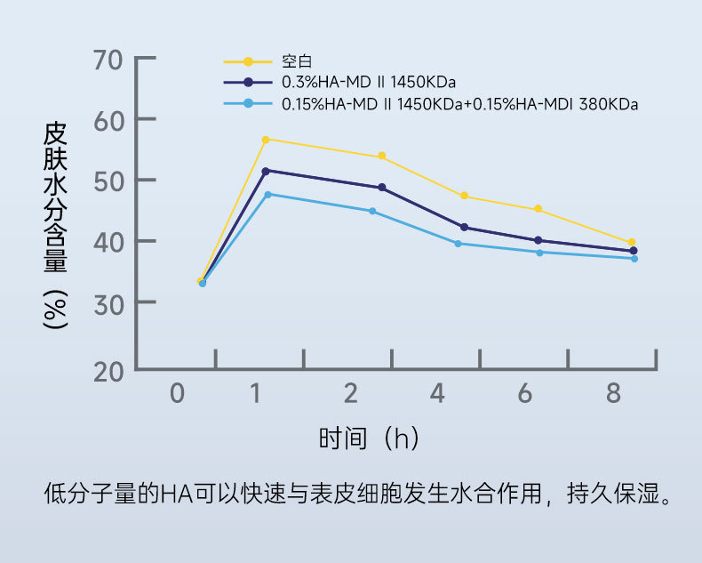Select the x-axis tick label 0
178,393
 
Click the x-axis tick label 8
613,393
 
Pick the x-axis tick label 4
438,393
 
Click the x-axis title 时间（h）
369,438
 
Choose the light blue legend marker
249,103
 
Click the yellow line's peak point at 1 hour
266,140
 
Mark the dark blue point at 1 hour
266,171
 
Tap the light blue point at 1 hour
267,194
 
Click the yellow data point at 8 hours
632,242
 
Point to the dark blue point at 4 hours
464,228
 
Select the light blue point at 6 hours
539,253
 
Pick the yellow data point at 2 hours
382,157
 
